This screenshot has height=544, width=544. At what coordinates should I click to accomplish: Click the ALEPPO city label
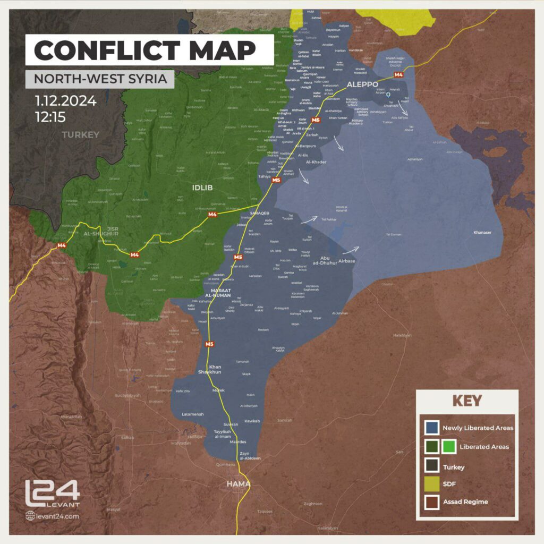click(x=362, y=84)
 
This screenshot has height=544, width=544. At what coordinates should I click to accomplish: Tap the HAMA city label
click(x=238, y=484)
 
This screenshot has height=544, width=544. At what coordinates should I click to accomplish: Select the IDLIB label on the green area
click(x=202, y=187)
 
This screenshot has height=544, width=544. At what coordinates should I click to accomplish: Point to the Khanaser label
click(x=483, y=232)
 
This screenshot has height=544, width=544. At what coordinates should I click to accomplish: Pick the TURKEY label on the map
click(x=80, y=134)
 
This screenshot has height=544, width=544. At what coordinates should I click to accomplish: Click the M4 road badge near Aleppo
click(x=399, y=75)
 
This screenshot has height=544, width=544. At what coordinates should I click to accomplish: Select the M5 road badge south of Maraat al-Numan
click(x=209, y=344)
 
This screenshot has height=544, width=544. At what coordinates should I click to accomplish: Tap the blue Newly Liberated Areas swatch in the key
click(x=432, y=427)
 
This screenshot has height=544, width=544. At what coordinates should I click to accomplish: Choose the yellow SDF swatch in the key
click(x=432, y=484)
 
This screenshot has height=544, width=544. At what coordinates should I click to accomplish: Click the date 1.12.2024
click(x=65, y=100)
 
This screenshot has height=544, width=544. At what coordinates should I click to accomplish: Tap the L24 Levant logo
click(x=52, y=494)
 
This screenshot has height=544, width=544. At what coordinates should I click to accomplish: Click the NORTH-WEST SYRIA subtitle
click(x=100, y=79)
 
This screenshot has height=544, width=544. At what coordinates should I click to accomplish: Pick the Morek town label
click(x=218, y=390)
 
